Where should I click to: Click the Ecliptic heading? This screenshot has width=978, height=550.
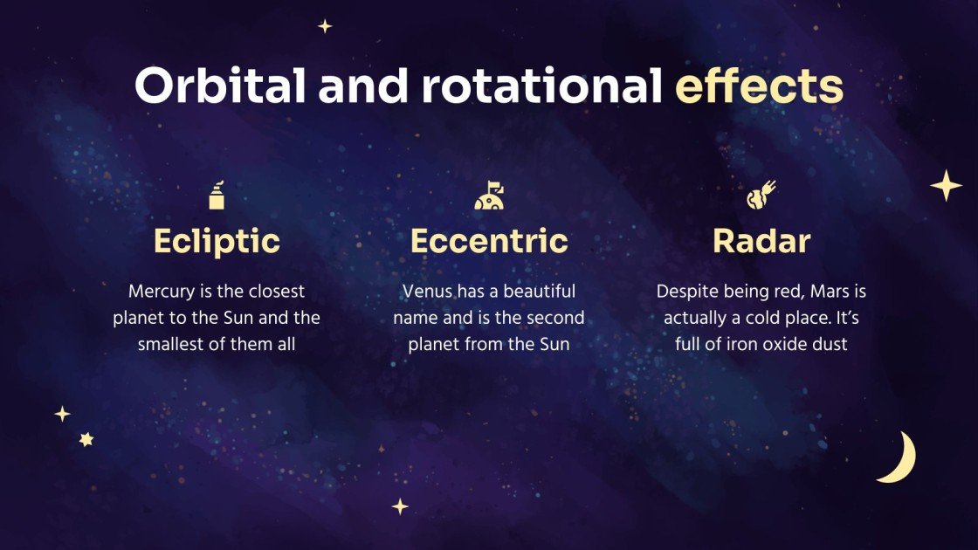click(x=217, y=241)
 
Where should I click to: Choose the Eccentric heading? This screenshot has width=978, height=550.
click(x=489, y=241)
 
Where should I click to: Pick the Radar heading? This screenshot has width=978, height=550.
click(x=761, y=241)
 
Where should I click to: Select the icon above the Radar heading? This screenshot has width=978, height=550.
click(x=761, y=195)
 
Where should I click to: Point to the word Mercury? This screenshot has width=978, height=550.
click(x=160, y=292)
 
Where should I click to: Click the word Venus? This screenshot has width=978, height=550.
click(x=427, y=292)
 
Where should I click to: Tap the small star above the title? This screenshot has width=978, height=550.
click(x=325, y=26)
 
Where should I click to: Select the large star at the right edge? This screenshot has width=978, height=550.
click(x=945, y=186)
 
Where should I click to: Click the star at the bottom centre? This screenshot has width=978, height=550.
click(x=400, y=506)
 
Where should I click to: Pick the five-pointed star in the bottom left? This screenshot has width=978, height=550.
click(x=86, y=440)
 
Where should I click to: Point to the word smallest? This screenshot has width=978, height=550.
click(x=170, y=344)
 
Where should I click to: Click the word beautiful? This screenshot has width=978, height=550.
click(x=538, y=292)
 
